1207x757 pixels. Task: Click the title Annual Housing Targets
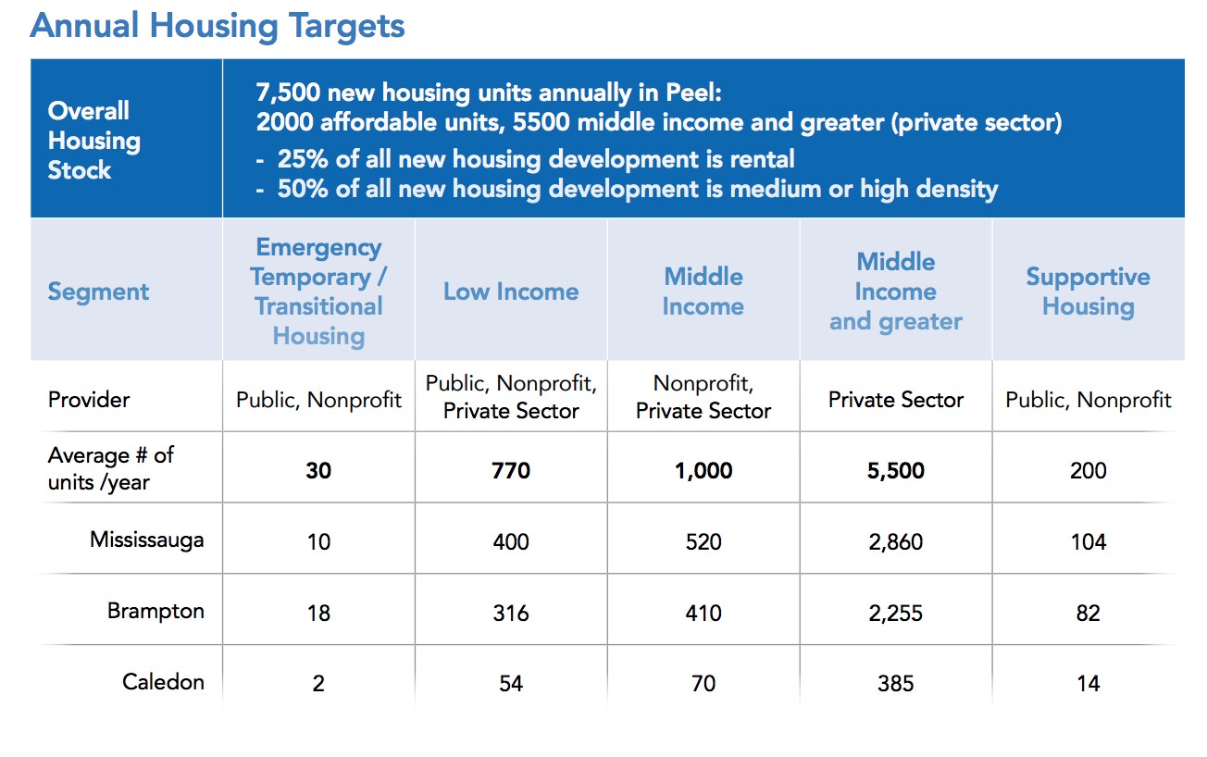point(218,27)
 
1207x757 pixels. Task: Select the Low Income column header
point(511,292)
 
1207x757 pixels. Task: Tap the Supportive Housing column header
point(1088,292)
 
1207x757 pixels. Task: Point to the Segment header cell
point(98,292)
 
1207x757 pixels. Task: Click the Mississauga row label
point(146,540)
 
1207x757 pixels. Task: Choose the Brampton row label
point(156,611)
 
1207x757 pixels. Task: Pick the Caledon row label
point(163,682)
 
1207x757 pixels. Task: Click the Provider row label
point(89,400)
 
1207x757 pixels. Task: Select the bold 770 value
point(511,470)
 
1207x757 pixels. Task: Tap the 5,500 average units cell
point(896,470)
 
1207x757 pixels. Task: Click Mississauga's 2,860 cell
point(896,541)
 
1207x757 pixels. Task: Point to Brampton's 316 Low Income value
point(511,614)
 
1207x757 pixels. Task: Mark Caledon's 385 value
point(896,684)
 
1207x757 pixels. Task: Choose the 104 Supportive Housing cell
point(1089,541)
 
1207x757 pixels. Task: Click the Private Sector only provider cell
point(896,400)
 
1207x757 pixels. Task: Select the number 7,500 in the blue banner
point(288,93)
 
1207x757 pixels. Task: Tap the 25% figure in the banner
point(303,159)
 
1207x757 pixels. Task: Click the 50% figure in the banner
point(303,189)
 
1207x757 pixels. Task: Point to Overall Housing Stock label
point(94,140)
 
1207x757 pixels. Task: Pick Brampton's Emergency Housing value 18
point(318,614)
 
